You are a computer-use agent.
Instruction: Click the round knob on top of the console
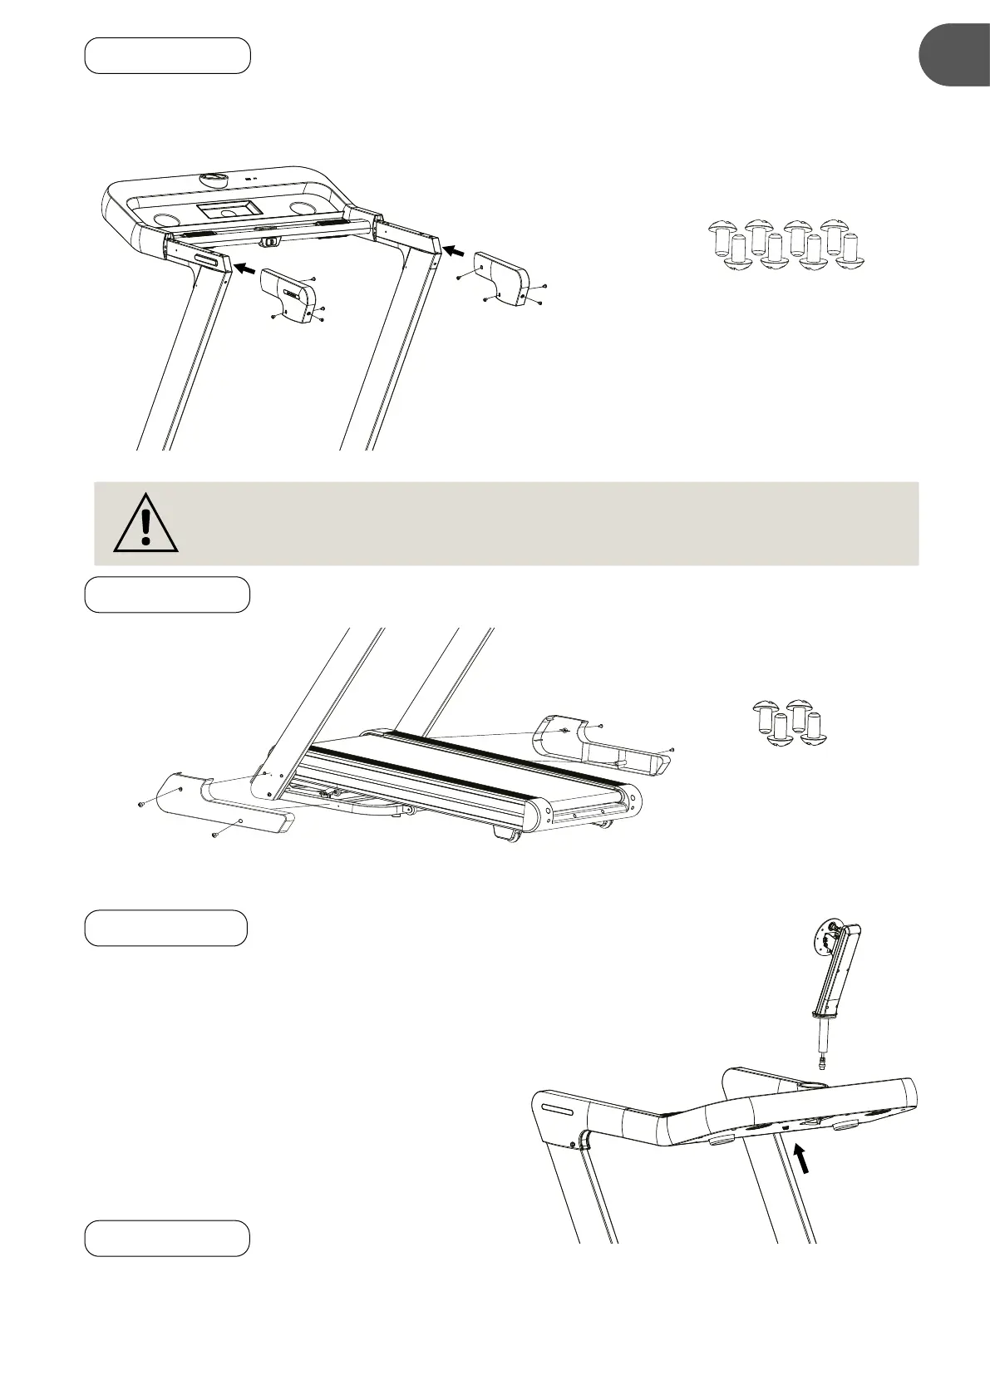tap(214, 179)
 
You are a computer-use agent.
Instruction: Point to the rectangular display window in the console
tap(226, 209)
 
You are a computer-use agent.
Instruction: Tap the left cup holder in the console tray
tap(167, 219)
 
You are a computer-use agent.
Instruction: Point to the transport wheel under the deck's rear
tap(507, 834)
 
